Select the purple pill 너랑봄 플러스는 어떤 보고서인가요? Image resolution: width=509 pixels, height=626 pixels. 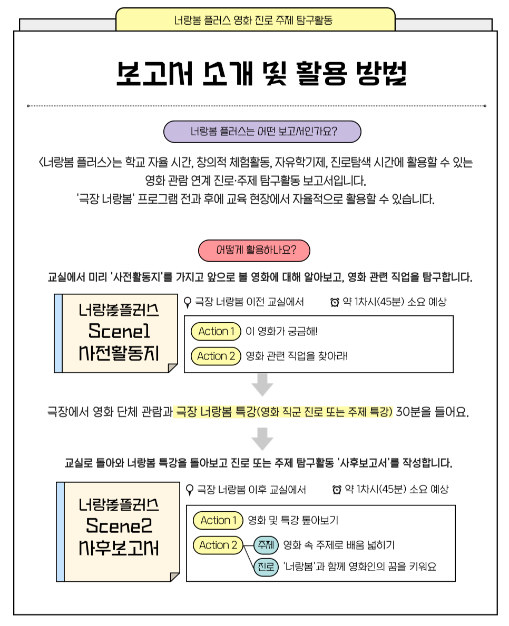pos(262,132)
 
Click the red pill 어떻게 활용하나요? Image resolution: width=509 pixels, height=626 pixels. pos(254,251)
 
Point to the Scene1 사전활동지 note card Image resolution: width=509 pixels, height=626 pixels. pos(116,333)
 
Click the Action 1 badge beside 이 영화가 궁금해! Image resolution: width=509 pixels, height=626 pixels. pos(216,331)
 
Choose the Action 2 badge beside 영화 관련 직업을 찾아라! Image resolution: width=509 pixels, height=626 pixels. pos(216,356)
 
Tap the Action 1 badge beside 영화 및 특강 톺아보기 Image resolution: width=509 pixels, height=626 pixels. pos(218,520)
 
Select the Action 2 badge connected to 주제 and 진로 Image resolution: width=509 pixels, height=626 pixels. pos(218,545)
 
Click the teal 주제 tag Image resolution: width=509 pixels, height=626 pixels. pos(266,545)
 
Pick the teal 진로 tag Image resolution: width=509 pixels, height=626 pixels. pos(266,567)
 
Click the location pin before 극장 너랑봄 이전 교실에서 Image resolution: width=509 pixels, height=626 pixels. pos(187,302)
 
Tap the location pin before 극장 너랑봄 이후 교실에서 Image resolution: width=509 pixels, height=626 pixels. pos(190,490)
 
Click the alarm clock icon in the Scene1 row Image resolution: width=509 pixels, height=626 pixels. pos(334,302)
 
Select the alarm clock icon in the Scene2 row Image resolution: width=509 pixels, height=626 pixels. pos(337,490)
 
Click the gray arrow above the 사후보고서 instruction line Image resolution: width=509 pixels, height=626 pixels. pos(262,439)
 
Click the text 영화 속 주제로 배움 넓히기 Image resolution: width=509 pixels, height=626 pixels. pos(339,545)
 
